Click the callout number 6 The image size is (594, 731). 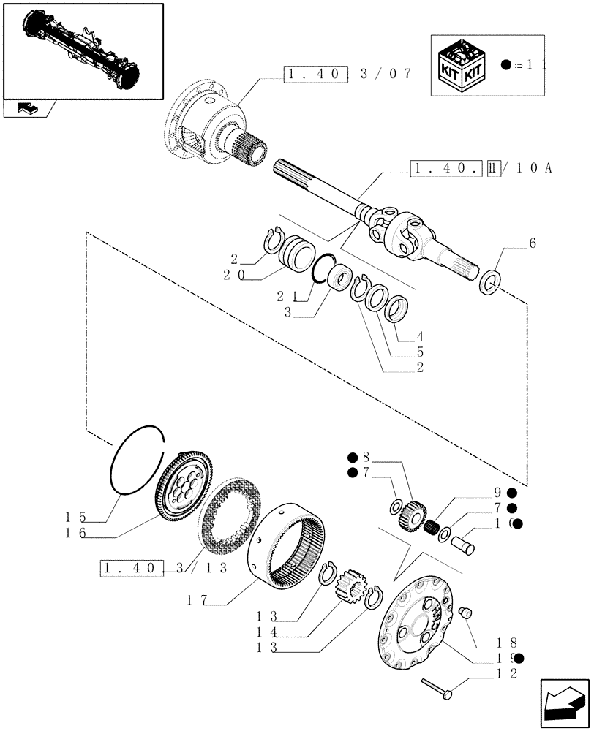[x=532, y=244]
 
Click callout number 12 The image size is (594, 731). [x=511, y=673]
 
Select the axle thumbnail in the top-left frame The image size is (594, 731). [x=81, y=50]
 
